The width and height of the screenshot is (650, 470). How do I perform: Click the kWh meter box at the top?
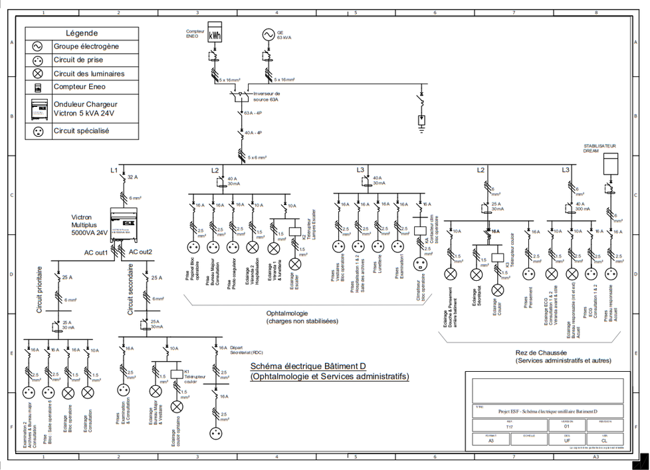point(215,35)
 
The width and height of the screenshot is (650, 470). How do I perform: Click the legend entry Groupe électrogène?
point(86,46)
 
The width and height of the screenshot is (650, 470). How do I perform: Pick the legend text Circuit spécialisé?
point(81,131)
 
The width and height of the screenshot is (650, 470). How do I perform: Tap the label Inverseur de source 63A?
point(266,97)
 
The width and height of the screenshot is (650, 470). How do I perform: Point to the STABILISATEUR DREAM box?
point(609,164)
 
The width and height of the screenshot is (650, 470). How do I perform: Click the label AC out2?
point(141,252)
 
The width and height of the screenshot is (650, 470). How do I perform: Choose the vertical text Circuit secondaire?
point(130,289)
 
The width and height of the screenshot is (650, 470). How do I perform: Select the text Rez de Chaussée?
point(540,352)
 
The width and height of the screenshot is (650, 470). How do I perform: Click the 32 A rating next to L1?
point(132,177)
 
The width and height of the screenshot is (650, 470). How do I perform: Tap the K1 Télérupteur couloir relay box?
point(177,374)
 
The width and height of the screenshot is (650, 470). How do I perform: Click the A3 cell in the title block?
point(490,441)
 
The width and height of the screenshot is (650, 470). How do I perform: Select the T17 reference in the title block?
point(509,427)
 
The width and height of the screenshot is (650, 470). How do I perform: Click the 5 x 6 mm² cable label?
point(257,157)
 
